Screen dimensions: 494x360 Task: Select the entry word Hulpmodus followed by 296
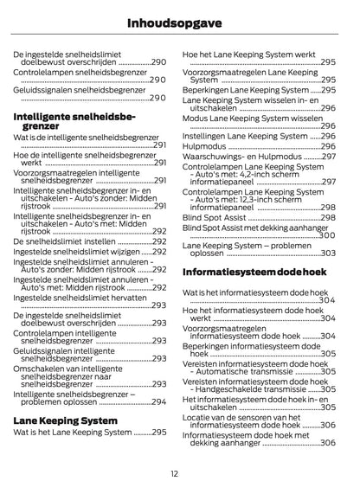[204, 146]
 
